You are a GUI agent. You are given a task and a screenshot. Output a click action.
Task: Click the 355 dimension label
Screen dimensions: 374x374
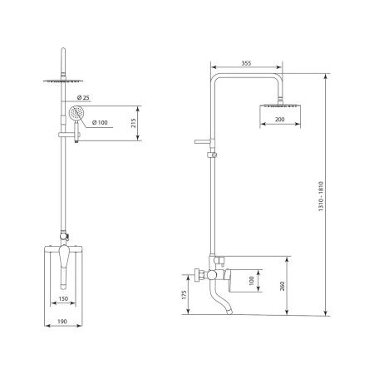[x=246, y=63]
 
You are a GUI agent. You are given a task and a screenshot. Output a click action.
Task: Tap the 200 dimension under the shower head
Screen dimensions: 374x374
[x=279, y=120]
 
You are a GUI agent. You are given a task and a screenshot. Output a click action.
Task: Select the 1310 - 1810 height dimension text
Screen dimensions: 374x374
[x=321, y=196]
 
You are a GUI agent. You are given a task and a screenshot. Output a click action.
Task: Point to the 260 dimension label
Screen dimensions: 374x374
[x=282, y=286]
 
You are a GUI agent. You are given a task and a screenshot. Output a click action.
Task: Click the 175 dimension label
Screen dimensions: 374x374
[x=184, y=295]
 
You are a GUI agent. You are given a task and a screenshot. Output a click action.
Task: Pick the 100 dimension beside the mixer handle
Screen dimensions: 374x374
[x=251, y=280]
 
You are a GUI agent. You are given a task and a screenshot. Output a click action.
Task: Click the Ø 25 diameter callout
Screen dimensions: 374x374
[x=83, y=97]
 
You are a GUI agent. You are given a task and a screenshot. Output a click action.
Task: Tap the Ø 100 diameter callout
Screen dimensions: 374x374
[x=100, y=122]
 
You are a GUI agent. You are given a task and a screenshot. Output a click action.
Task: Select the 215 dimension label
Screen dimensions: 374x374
[x=134, y=123]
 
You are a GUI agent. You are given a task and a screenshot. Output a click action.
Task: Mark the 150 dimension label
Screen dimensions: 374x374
[x=63, y=298]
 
